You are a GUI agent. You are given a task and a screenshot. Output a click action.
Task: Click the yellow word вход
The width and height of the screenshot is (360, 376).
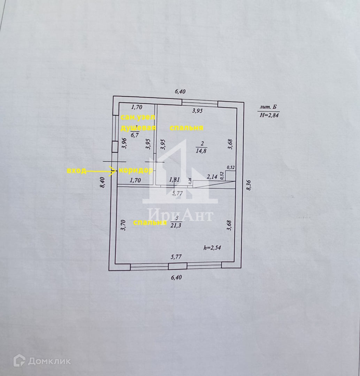click(x=76, y=171)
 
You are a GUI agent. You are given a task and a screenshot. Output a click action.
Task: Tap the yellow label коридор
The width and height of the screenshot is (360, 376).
click(x=136, y=171)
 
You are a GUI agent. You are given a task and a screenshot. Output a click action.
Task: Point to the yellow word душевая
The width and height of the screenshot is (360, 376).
click(x=138, y=128)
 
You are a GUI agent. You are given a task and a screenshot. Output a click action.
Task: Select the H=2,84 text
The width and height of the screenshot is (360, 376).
click(x=269, y=116)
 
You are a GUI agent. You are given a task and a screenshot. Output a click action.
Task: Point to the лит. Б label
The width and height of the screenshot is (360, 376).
click(x=269, y=107)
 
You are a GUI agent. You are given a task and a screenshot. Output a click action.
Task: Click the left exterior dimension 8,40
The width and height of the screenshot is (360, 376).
click(x=102, y=183)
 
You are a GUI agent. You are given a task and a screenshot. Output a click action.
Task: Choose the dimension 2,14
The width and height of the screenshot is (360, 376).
click(x=212, y=177)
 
